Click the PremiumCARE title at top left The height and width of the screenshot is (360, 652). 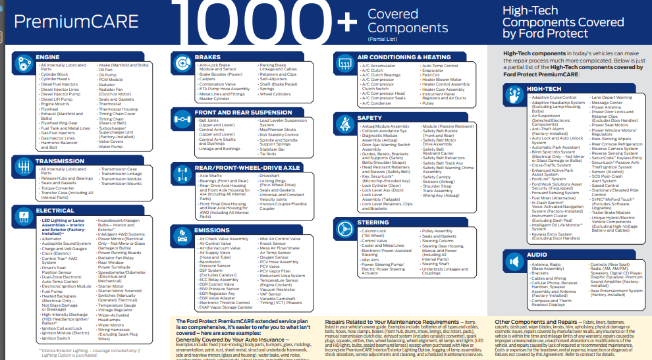click(x=70, y=22)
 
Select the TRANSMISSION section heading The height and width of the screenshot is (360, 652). click(x=59, y=161)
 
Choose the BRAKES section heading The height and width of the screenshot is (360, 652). click(x=207, y=57)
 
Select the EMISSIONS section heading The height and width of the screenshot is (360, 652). click(x=211, y=230)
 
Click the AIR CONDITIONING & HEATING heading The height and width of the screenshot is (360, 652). click(x=405, y=57)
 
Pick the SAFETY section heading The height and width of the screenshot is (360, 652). click(x=369, y=118)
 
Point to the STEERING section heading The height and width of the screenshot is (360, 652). click(x=373, y=223)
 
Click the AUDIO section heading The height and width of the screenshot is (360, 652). click(x=537, y=254)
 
